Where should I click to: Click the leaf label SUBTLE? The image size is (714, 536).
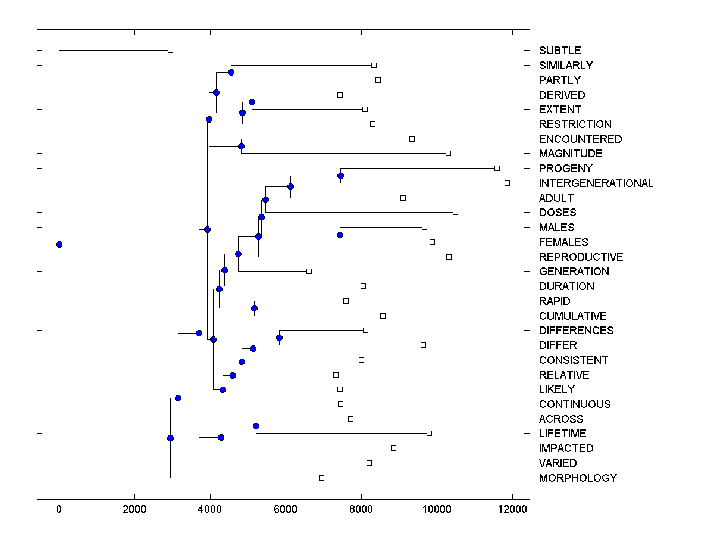point(559,51)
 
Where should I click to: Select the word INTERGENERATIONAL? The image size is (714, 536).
point(596,183)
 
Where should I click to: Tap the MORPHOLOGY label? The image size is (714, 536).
point(577,478)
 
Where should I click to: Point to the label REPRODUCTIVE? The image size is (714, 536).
point(581,257)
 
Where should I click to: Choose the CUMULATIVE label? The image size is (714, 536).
point(572,316)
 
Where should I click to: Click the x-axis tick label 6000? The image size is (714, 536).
point(286,509)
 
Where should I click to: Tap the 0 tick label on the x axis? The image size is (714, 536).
point(59,509)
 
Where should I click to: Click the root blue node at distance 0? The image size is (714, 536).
point(59,244)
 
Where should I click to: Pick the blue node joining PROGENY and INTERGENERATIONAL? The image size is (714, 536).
point(340,176)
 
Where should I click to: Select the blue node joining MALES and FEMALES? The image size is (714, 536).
point(340,235)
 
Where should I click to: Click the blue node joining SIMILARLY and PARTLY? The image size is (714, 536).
point(231,72)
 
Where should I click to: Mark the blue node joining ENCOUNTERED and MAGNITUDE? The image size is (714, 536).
point(241,146)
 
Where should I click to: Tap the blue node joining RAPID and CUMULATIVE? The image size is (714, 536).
point(254,308)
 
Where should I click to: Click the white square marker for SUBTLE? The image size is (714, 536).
point(170,50)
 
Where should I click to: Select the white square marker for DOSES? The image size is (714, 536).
point(455,212)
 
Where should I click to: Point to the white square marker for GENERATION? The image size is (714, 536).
point(309,271)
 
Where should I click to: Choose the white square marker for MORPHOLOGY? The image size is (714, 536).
point(321,478)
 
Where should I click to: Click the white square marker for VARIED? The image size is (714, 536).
point(369,463)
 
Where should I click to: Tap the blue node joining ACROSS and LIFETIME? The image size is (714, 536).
point(256,426)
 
